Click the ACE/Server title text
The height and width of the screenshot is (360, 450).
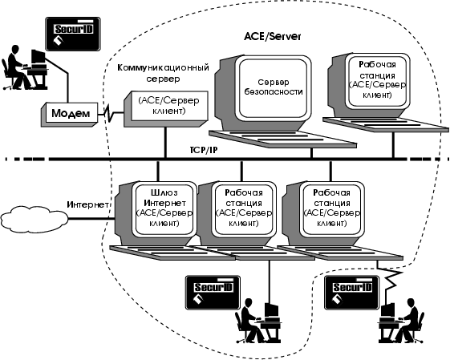(273, 37)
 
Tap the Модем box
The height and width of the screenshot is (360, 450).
(69, 114)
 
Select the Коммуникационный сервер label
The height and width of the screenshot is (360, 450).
(163, 73)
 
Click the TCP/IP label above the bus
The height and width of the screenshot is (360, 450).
(203, 150)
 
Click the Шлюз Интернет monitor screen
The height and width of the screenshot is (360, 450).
(164, 208)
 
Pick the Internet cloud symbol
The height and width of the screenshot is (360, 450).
(34, 219)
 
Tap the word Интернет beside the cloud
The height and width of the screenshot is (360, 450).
(87, 204)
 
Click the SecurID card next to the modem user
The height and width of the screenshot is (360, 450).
(73, 34)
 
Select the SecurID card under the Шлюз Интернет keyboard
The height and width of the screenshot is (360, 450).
(213, 293)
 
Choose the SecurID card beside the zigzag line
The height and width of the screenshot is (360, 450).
(352, 293)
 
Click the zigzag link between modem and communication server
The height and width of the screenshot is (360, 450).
(111, 114)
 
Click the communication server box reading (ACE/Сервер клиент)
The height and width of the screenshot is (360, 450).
(166, 109)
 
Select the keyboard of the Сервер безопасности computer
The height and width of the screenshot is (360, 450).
(282, 139)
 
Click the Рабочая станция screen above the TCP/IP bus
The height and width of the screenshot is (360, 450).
(377, 81)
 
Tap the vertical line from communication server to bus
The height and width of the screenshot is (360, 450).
(165, 142)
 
